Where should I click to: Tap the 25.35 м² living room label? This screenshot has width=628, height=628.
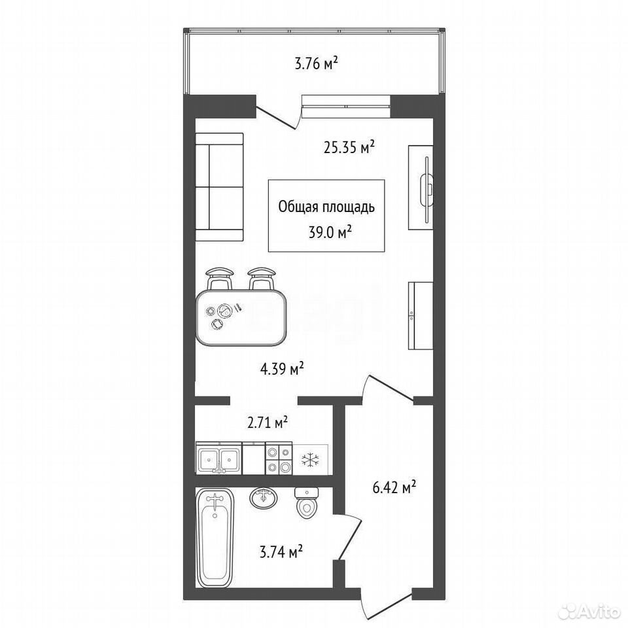(349, 147)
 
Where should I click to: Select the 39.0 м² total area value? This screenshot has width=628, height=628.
(330, 232)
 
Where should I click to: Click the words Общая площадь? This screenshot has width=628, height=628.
(326, 207)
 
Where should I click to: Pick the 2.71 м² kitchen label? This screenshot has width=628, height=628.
(268, 423)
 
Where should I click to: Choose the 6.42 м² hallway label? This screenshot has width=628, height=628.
(394, 487)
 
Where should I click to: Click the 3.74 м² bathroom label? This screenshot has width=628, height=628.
(281, 552)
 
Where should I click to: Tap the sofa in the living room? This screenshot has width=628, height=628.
(220, 187)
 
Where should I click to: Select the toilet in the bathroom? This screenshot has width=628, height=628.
(306, 502)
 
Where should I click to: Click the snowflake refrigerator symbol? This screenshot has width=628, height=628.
(310, 459)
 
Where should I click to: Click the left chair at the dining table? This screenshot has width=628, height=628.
(220, 279)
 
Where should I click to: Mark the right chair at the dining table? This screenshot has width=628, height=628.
(262, 279)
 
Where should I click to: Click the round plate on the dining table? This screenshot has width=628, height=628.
(224, 311)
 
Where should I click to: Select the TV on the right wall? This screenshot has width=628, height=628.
(427, 188)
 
